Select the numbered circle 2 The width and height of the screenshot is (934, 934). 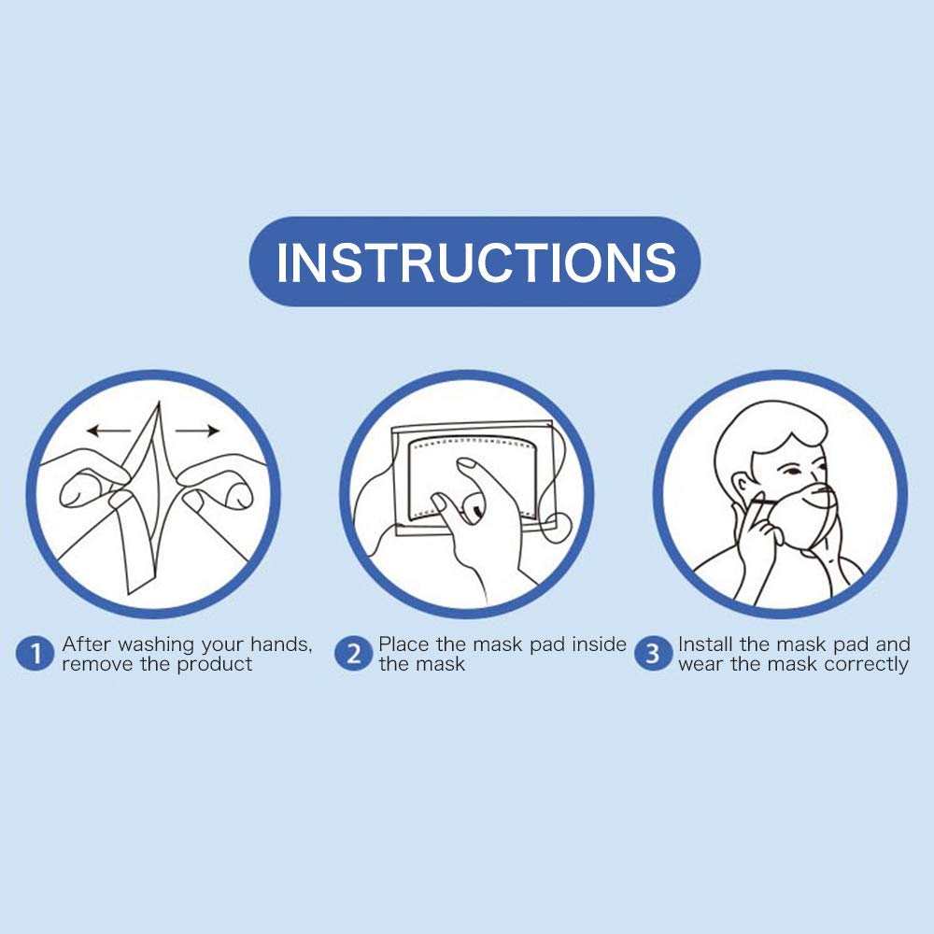[353, 655]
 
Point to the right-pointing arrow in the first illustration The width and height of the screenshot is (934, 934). [197, 431]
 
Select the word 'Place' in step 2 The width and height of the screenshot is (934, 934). [403, 644]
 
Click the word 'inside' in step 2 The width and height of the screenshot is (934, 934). [596, 644]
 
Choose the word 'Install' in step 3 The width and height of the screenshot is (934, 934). [707, 644]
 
